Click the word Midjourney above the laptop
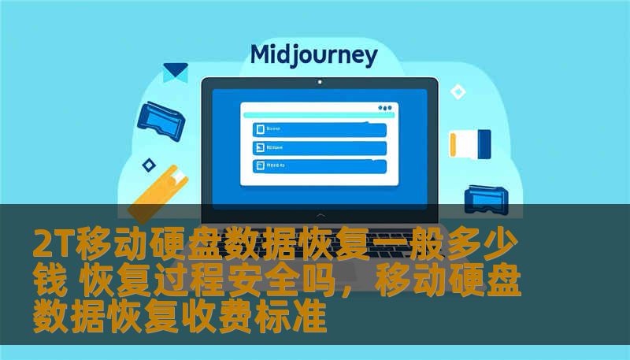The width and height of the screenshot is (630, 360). click(x=313, y=55)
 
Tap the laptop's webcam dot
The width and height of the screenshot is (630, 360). click(x=319, y=81)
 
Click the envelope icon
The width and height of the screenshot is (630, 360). click(x=175, y=72)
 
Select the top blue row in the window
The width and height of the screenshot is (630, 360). click(x=319, y=129)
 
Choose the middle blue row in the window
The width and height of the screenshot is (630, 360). click(x=319, y=147)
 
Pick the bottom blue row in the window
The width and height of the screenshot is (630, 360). click(x=319, y=165)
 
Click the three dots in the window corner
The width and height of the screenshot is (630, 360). click(x=384, y=108)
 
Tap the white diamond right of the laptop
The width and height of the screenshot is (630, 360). click(x=458, y=92)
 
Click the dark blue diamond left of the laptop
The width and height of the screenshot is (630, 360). click(x=148, y=165)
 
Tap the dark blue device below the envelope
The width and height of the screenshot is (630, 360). click(x=161, y=117)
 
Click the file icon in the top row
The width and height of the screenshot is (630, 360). click(x=258, y=129)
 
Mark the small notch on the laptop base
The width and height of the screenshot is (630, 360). click(x=320, y=214)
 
